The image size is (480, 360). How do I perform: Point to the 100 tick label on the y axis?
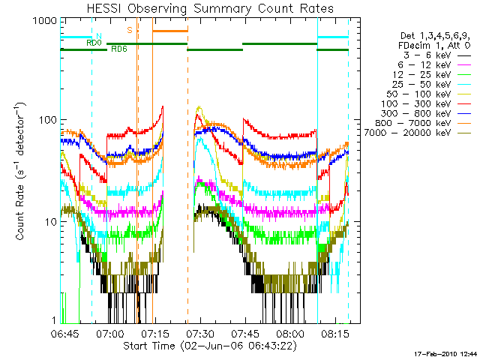coord(49,120)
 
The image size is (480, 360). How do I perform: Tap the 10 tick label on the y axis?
coord(52,223)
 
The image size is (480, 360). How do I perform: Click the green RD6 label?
coord(118,49)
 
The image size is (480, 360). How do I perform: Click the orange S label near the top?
coord(130,30)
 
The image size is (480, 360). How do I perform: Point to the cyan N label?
coord(98,35)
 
